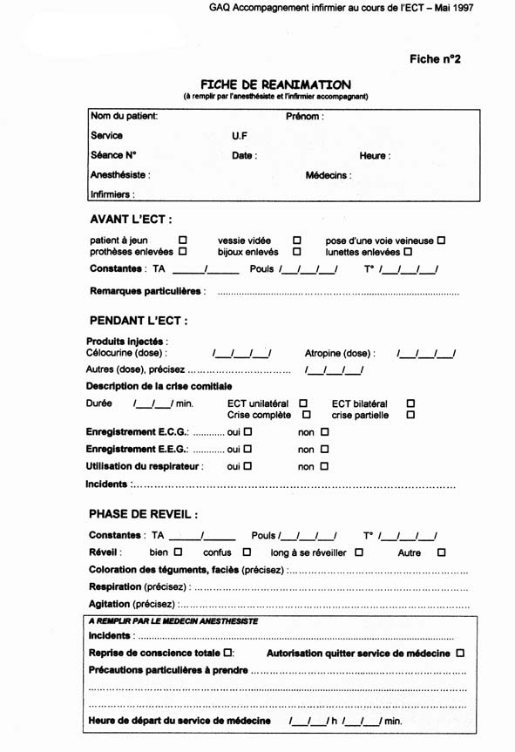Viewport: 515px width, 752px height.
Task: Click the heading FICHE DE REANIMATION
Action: (276, 85)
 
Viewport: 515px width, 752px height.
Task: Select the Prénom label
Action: (305, 116)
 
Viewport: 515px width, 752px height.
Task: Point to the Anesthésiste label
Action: (120, 175)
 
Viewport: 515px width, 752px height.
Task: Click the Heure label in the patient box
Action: (375, 156)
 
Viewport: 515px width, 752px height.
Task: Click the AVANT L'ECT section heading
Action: (131, 219)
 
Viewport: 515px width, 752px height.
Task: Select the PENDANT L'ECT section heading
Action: (139, 321)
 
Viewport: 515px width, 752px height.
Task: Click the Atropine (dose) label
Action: (340, 354)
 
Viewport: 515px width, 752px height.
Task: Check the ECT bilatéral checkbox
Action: (410, 403)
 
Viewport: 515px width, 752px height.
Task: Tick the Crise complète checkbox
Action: (306, 415)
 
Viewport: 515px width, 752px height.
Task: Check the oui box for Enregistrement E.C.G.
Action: (247, 431)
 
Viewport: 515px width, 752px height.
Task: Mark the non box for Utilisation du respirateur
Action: (324, 466)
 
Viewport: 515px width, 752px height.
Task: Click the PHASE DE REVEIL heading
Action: (144, 514)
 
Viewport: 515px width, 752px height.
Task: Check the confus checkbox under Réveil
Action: (247, 552)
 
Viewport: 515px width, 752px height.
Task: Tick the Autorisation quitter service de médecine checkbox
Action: (460, 653)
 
